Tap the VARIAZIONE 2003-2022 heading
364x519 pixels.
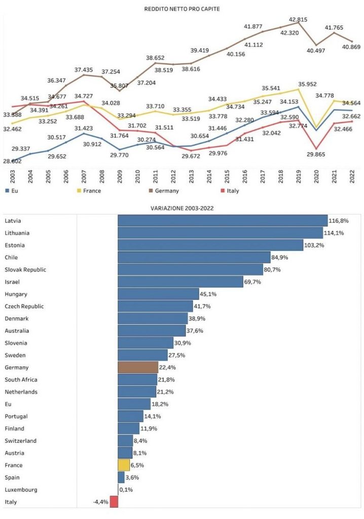point(182,208)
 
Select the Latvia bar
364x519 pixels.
point(223,220)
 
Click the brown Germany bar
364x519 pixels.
point(138,367)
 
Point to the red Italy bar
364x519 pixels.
point(114,502)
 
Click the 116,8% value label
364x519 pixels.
point(339,221)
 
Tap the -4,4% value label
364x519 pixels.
point(100,502)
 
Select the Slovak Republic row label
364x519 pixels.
point(25,270)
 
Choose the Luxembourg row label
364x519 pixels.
point(21,490)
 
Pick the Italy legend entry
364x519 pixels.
point(230,191)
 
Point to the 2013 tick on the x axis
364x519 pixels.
point(192,177)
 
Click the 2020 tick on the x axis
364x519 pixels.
point(316,177)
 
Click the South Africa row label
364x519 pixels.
point(21,380)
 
